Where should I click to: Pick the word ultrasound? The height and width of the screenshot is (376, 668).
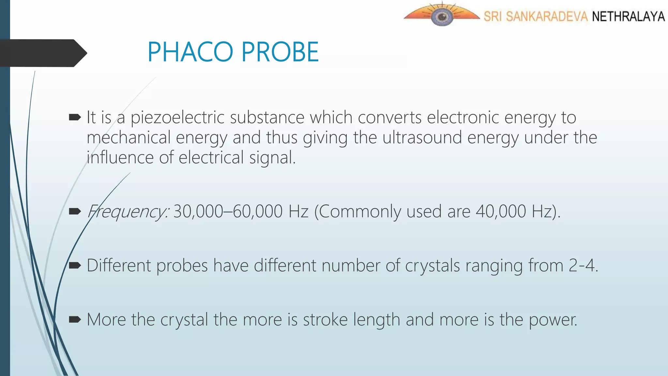click(x=422, y=138)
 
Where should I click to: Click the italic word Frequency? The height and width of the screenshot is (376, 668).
click(x=128, y=211)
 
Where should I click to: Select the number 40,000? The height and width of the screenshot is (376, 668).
click(x=501, y=211)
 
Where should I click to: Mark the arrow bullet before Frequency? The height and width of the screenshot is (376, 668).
click(x=75, y=211)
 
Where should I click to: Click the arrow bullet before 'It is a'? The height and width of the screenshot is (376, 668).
click(x=75, y=117)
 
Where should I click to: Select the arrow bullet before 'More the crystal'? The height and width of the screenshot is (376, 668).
click(x=75, y=319)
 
